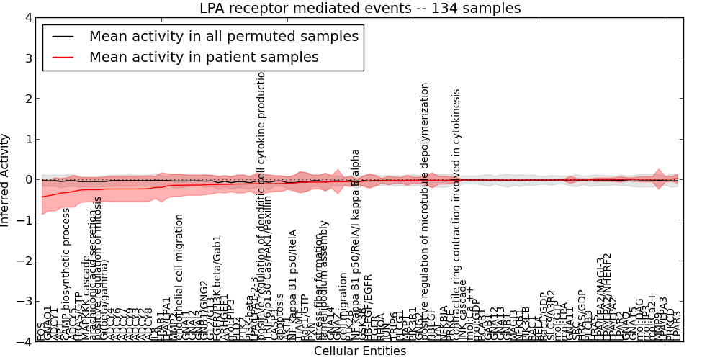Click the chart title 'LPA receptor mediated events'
click(x=360, y=9)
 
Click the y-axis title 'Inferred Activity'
click(x=6, y=179)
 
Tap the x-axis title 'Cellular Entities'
click(x=360, y=351)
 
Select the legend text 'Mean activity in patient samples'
click(x=204, y=58)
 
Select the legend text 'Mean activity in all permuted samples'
click(x=223, y=37)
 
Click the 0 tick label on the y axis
click(x=27, y=180)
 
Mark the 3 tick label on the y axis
click(x=27, y=58)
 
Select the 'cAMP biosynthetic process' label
click(x=66, y=274)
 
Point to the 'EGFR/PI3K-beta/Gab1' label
click(x=217, y=287)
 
